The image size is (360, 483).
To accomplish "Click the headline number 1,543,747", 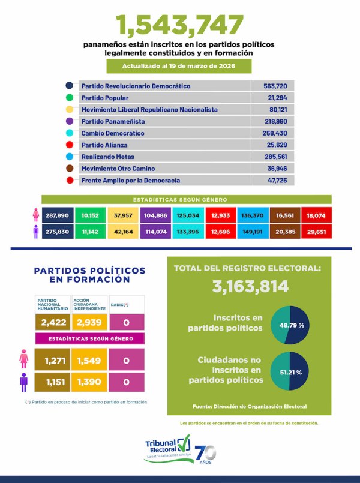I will point(180,25).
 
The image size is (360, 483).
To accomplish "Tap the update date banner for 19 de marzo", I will point(180,66).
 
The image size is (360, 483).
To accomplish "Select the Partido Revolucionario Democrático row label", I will point(136,86).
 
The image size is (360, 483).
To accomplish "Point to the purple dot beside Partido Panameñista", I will point(70,122).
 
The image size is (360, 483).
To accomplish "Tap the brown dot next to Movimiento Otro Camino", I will point(70,169).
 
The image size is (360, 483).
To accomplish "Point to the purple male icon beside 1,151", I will point(25,381).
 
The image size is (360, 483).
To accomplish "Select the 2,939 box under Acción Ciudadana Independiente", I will point(89,322).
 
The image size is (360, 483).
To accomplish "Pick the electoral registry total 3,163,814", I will point(251,286).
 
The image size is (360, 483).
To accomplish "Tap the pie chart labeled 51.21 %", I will point(289,372).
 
